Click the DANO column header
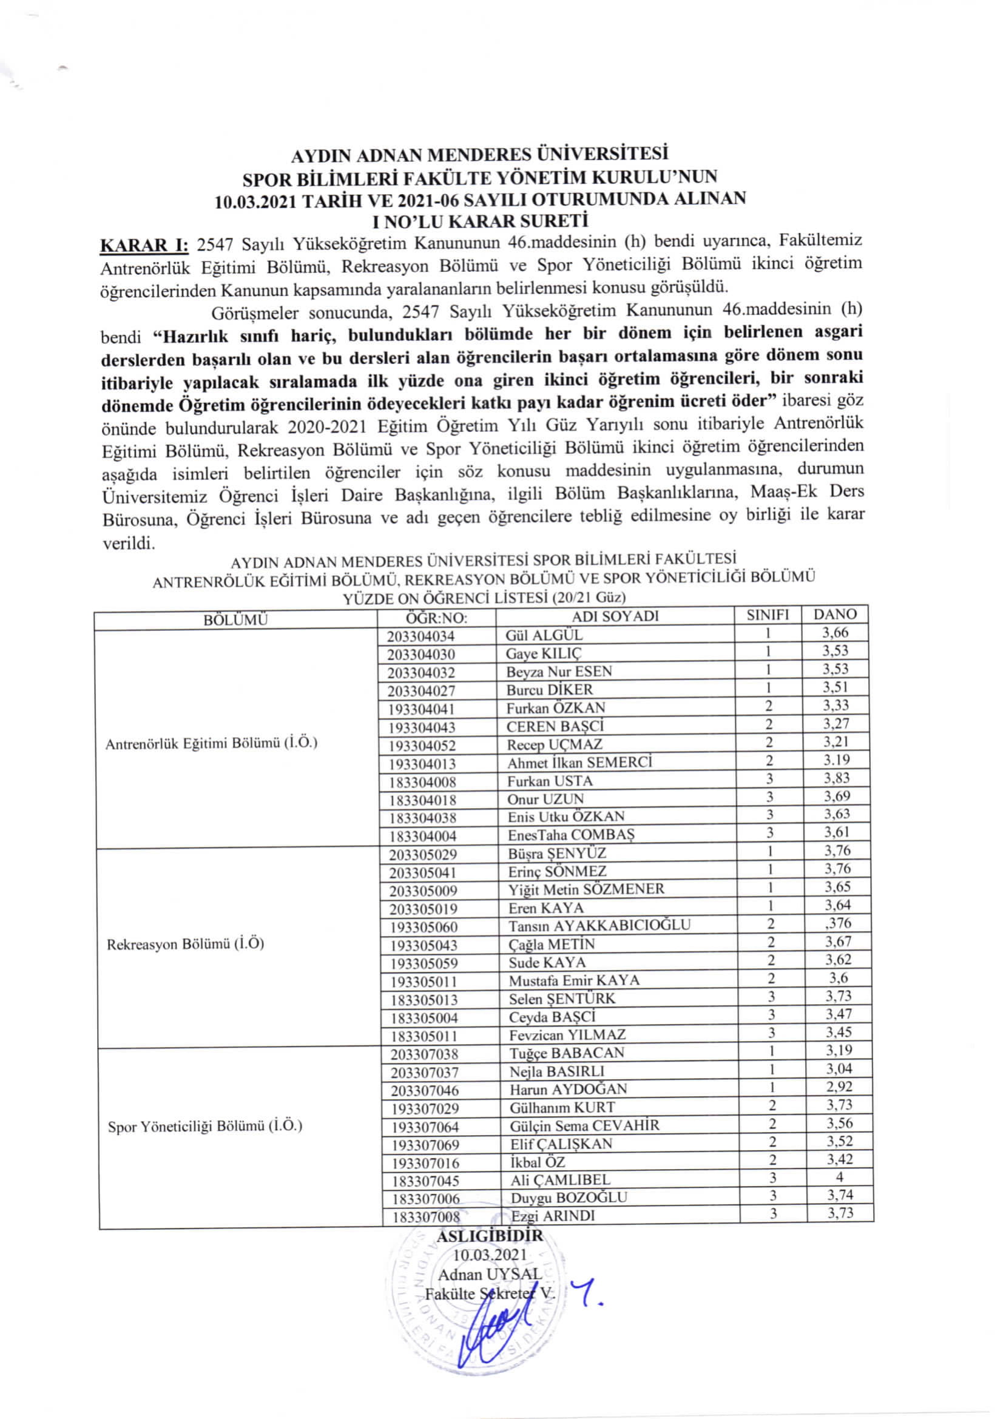coord(835,615)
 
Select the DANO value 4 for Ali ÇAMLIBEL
coord(839,1178)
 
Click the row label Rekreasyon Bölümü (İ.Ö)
coord(186,945)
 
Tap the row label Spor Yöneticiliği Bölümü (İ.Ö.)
coord(205,1126)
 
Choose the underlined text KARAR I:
coord(144,244)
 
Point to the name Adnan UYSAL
coord(490,1274)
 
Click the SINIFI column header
coord(768,615)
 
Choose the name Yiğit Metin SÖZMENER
coord(586,889)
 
